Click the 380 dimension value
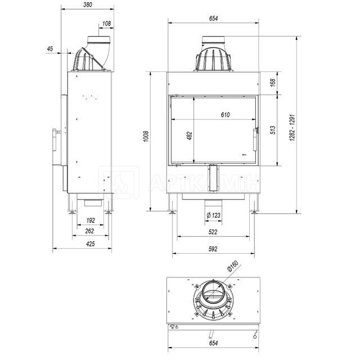pos(88,5)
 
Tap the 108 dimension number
pos(106,24)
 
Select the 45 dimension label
pos(50,49)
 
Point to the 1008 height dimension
pos(146,137)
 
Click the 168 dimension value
pos(273,83)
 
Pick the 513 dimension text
pos(273,130)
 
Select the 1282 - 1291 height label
pos(292,128)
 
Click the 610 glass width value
pos(225,115)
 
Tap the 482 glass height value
pos(190,136)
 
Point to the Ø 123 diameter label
pos(213,215)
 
